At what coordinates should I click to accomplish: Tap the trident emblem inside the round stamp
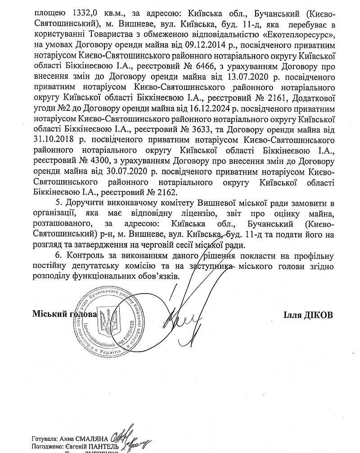click(x=107, y=322)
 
